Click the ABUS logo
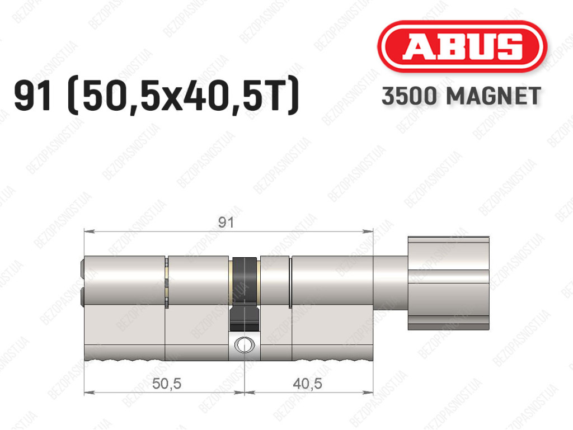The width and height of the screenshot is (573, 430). [462, 46]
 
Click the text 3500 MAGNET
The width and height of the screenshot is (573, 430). [461, 96]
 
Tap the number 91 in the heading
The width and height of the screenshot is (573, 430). [32, 96]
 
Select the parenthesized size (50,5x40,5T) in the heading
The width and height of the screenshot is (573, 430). [184, 96]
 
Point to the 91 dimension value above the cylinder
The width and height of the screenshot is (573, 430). [226, 223]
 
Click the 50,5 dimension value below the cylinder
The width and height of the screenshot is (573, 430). [167, 383]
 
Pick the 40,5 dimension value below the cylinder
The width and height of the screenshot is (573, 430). [307, 383]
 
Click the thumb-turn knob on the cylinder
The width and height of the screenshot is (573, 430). [448, 283]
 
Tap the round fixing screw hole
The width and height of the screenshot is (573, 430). [244, 344]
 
